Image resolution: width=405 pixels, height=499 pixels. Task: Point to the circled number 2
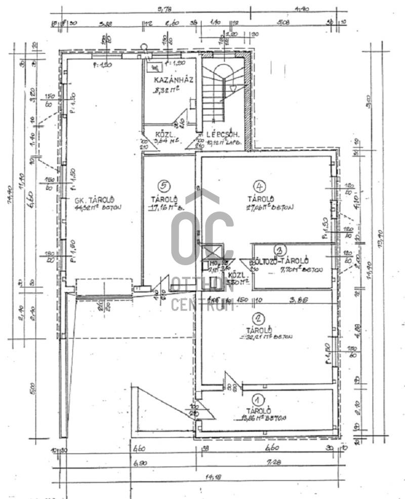[x=259, y=318]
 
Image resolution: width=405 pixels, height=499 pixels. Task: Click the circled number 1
[x=258, y=399]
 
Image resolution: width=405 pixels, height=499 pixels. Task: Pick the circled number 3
[x=279, y=249]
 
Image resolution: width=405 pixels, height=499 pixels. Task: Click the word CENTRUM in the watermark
[x=202, y=305]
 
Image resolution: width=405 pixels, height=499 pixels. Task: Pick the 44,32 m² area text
[x=96, y=207]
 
